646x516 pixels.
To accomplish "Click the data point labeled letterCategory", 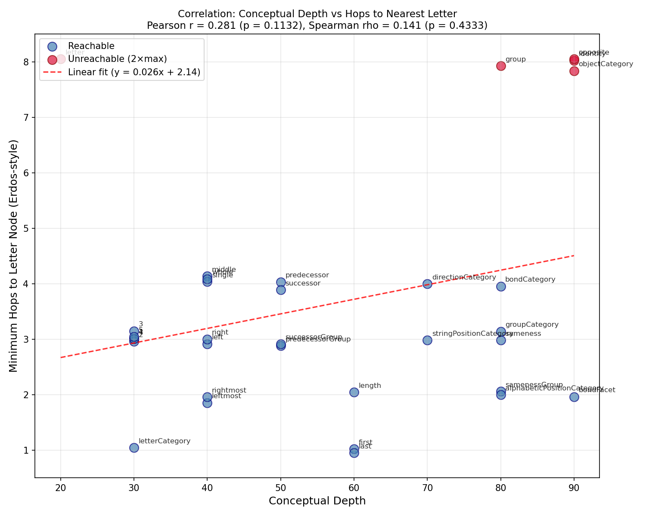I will [134, 448].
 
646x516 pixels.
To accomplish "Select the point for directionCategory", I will [427, 284].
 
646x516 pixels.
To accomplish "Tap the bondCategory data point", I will [501, 286].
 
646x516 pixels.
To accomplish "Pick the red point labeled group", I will [501, 66].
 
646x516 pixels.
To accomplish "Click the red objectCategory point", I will [574, 71].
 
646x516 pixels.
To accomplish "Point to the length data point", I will [354, 392].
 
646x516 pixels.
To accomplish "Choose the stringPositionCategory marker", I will [427, 340].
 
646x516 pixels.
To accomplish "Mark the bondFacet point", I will [574, 397].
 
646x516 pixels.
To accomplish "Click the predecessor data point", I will [281, 282].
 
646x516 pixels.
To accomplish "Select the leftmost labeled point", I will [207, 403].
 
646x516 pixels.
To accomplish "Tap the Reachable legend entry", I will [91, 46].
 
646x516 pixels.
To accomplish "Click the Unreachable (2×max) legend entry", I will [117, 59].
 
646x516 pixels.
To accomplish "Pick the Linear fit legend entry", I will [134, 72].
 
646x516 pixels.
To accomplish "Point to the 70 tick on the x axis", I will [427, 485].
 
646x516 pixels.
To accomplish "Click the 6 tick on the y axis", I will [26, 173].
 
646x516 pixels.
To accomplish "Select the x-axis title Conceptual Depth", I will [317, 501].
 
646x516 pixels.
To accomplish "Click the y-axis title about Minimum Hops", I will [14, 255].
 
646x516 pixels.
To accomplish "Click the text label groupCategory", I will [532, 325].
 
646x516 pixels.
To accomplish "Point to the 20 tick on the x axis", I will [61, 485].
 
